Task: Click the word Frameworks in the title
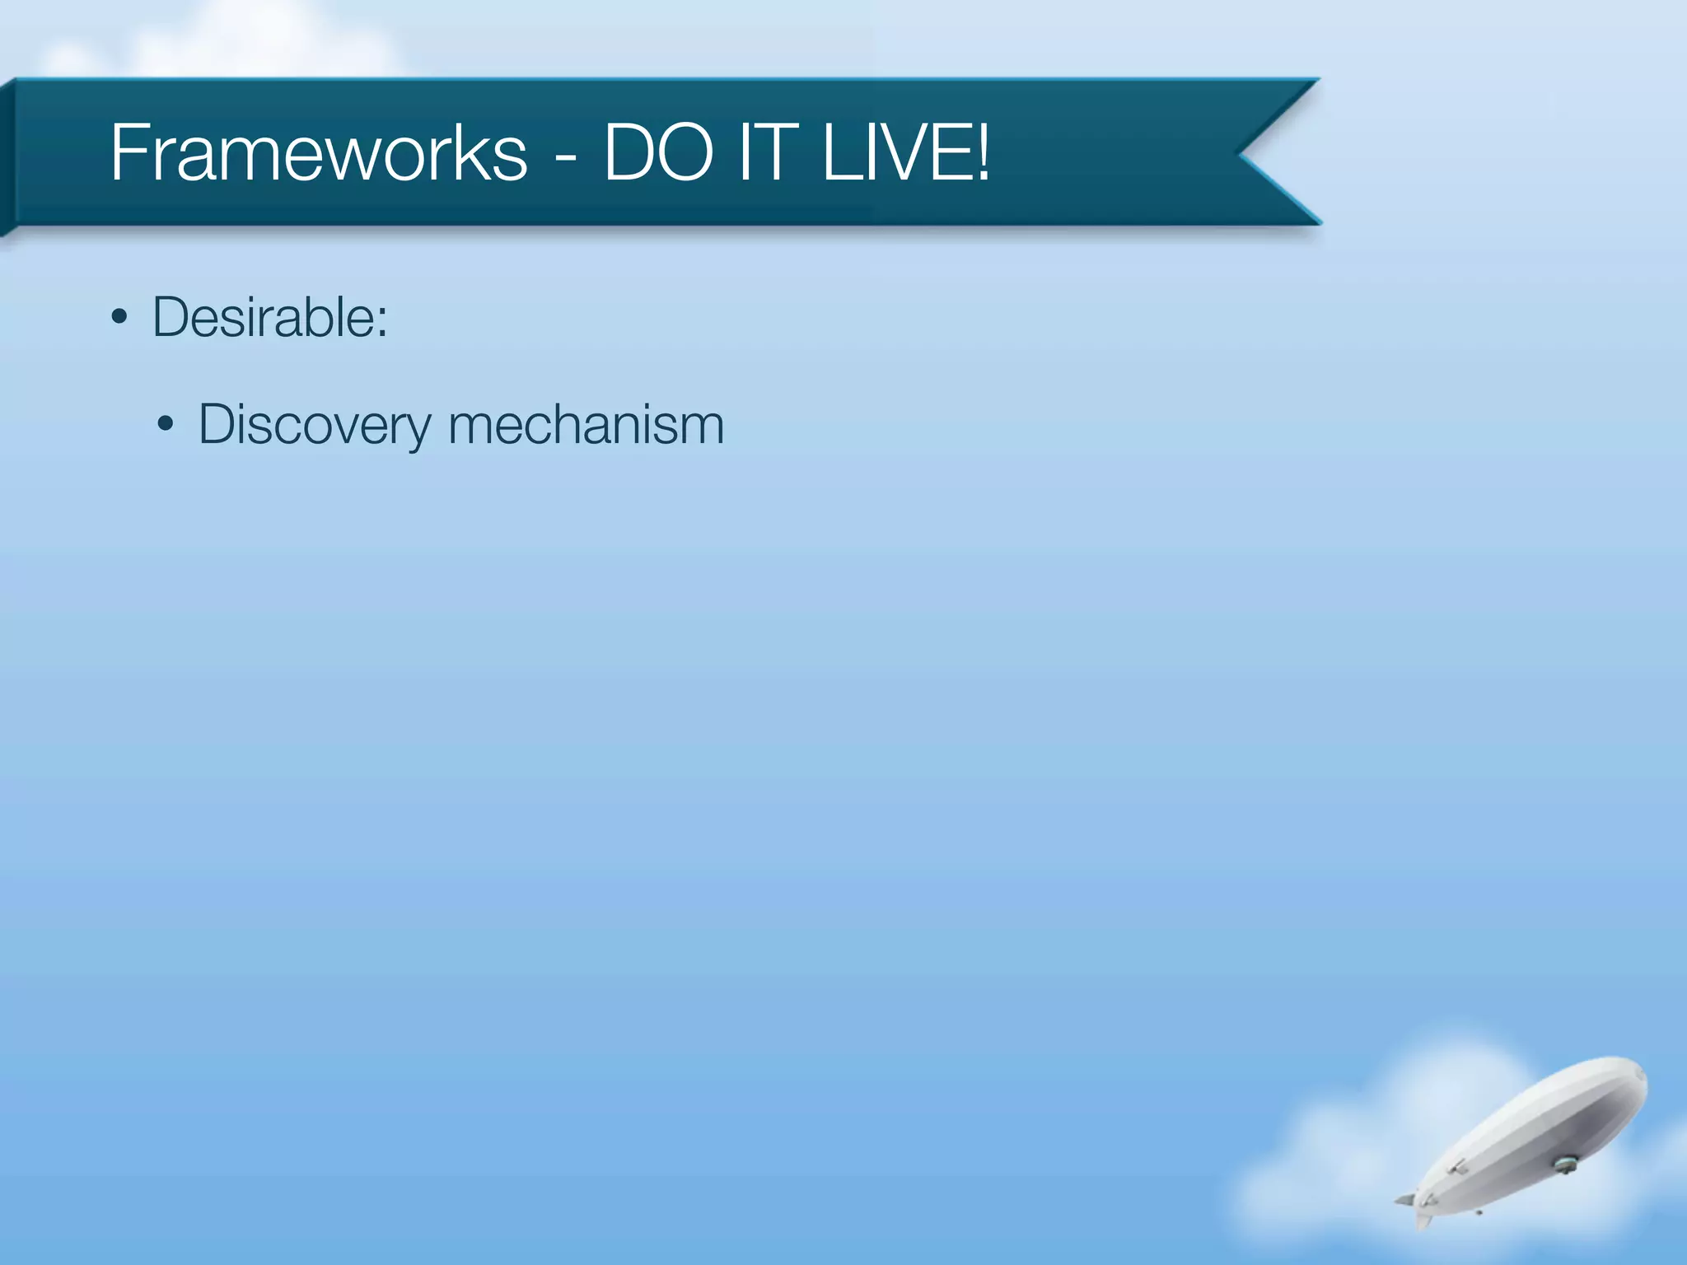[318, 152]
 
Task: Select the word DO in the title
[658, 152]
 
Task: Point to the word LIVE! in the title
[906, 152]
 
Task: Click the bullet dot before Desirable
[119, 318]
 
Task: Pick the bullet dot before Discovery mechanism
[166, 425]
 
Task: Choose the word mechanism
[586, 425]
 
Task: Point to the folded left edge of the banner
[7, 156]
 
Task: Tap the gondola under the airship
[1563, 1164]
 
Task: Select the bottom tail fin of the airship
[1423, 1220]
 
